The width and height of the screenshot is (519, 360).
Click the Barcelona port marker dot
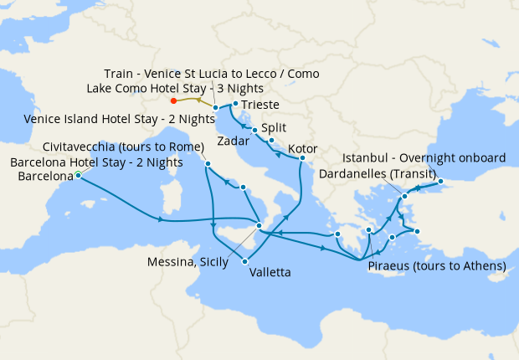coord(78,174)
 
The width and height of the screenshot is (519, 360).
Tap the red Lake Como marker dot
coord(173,101)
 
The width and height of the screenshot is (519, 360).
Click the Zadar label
coord(233,140)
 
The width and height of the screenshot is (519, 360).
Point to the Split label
coord(273,129)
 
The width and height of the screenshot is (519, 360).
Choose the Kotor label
coord(302,150)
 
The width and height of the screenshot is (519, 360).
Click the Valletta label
coord(270,272)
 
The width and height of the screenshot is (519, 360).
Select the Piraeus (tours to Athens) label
coord(437,266)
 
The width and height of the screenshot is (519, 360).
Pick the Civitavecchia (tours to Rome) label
coord(123,147)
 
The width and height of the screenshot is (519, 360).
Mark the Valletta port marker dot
coord(245,262)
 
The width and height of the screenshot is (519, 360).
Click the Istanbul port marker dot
coord(440,182)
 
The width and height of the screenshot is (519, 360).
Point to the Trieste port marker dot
coord(235,104)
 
